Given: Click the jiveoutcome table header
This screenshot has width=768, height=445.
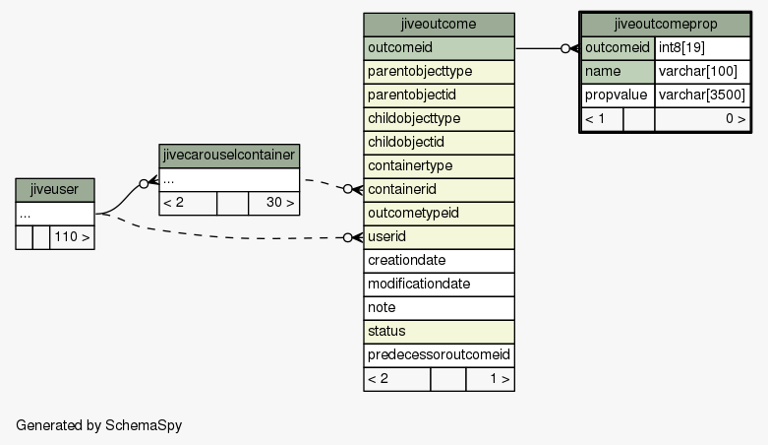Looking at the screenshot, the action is coord(439,25).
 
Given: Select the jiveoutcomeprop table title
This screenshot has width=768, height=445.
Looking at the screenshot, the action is coord(666,25).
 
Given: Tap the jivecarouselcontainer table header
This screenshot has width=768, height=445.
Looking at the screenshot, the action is coord(229,156).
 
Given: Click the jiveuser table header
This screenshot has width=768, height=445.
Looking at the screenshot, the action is coord(55,190).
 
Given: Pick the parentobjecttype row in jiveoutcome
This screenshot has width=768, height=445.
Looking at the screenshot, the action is coord(439,72).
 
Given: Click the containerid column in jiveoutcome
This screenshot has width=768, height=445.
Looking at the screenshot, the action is coord(439,189).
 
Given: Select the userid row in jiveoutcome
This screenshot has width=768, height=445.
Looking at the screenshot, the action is coord(439,237).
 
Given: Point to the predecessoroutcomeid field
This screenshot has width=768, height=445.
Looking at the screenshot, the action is coord(439,354).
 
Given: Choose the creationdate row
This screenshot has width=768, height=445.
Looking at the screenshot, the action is coord(439,261).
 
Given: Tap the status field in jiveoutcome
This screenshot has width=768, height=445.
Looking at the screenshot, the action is coord(439,331).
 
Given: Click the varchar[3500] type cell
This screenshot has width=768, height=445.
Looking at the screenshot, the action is coord(702,95).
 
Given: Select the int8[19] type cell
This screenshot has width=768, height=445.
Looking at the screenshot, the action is coord(702,48).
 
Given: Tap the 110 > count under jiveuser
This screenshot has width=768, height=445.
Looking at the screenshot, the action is coord(72,237).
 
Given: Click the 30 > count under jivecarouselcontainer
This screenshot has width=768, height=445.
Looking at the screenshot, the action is coord(273,203).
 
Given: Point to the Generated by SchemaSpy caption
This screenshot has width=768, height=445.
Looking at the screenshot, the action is coord(99,425).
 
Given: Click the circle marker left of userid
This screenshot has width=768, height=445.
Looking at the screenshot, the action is coord(348,238).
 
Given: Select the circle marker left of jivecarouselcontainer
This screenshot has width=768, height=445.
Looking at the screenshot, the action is coord(144,184).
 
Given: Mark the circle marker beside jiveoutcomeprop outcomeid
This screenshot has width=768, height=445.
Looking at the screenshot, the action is coord(565,48).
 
